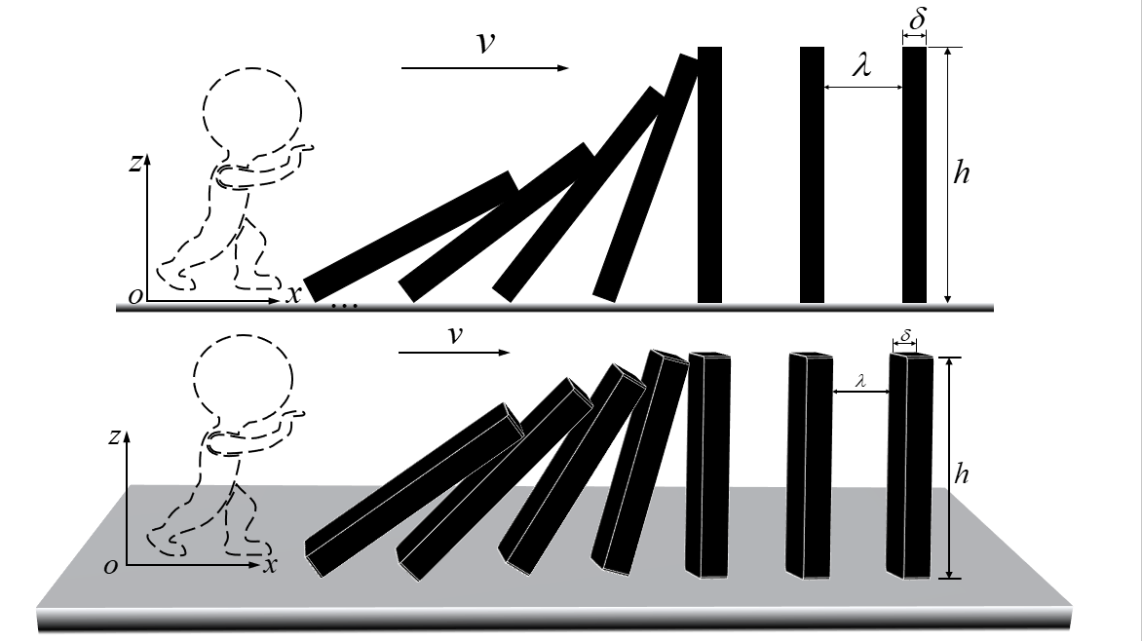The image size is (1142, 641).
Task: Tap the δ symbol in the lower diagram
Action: (905, 336)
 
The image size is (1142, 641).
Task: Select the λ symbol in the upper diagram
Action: (860, 67)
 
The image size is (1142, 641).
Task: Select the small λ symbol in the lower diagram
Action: (861, 382)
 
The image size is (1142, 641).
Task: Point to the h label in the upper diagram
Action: (964, 172)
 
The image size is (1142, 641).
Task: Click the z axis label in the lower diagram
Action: (115, 437)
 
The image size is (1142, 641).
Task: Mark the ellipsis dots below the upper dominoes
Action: (345, 307)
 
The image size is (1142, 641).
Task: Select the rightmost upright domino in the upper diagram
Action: (914, 175)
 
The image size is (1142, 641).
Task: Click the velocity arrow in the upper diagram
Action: (484, 68)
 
